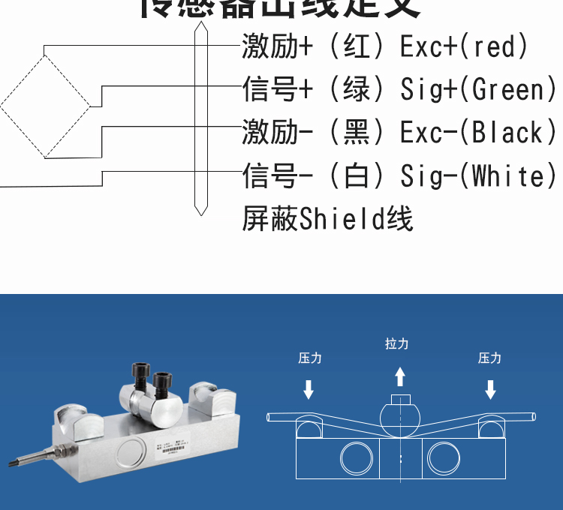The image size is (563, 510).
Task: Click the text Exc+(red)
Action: (x=464, y=47)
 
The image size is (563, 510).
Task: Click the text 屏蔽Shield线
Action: (x=327, y=220)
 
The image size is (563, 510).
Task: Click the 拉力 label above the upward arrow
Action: (x=397, y=343)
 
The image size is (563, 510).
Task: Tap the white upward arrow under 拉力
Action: (x=400, y=375)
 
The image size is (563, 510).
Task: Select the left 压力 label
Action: (x=309, y=358)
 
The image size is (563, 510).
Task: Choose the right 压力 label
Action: (x=489, y=358)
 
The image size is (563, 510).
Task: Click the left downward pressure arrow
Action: (x=309, y=389)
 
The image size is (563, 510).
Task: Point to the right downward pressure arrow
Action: (x=490, y=389)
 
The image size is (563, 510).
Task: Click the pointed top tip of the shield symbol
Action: (x=200, y=23)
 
